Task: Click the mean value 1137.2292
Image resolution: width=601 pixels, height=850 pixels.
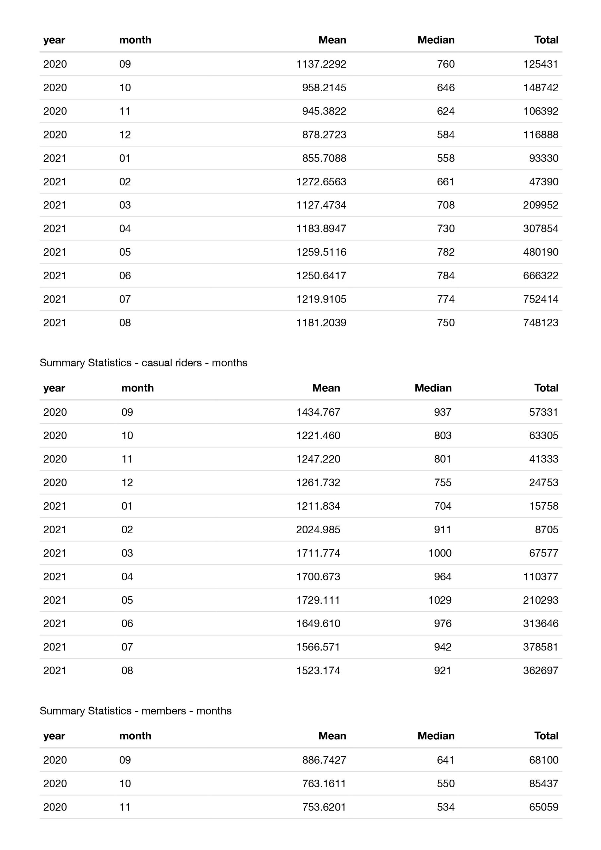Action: click(321, 64)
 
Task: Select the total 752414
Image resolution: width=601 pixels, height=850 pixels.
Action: click(540, 299)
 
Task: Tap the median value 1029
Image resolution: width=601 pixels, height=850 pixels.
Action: click(440, 600)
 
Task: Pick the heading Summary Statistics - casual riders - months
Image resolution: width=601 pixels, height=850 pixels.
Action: click(143, 363)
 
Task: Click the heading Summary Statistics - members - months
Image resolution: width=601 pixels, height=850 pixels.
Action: click(135, 711)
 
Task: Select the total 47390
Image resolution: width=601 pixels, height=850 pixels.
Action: click(543, 182)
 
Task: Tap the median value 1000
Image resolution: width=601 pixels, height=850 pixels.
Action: click(440, 553)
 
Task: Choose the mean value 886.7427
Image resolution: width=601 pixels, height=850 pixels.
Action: click(324, 760)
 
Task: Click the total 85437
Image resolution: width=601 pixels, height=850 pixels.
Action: click(543, 783)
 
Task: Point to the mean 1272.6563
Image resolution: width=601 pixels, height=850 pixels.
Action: click(321, 182)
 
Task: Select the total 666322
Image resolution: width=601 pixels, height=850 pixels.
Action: click(540, 276)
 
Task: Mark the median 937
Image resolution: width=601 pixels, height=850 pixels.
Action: click(443, 412)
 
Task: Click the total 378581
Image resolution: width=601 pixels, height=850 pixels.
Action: click(540, 647)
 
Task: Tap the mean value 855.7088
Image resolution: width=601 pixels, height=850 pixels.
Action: click(324, 158)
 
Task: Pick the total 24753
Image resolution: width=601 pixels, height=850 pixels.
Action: click(543, 482)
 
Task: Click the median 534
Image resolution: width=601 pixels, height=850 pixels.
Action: click(446, 807)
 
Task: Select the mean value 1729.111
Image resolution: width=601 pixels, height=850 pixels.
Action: click(318, 600)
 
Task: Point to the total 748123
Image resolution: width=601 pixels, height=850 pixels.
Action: click(540, 322)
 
